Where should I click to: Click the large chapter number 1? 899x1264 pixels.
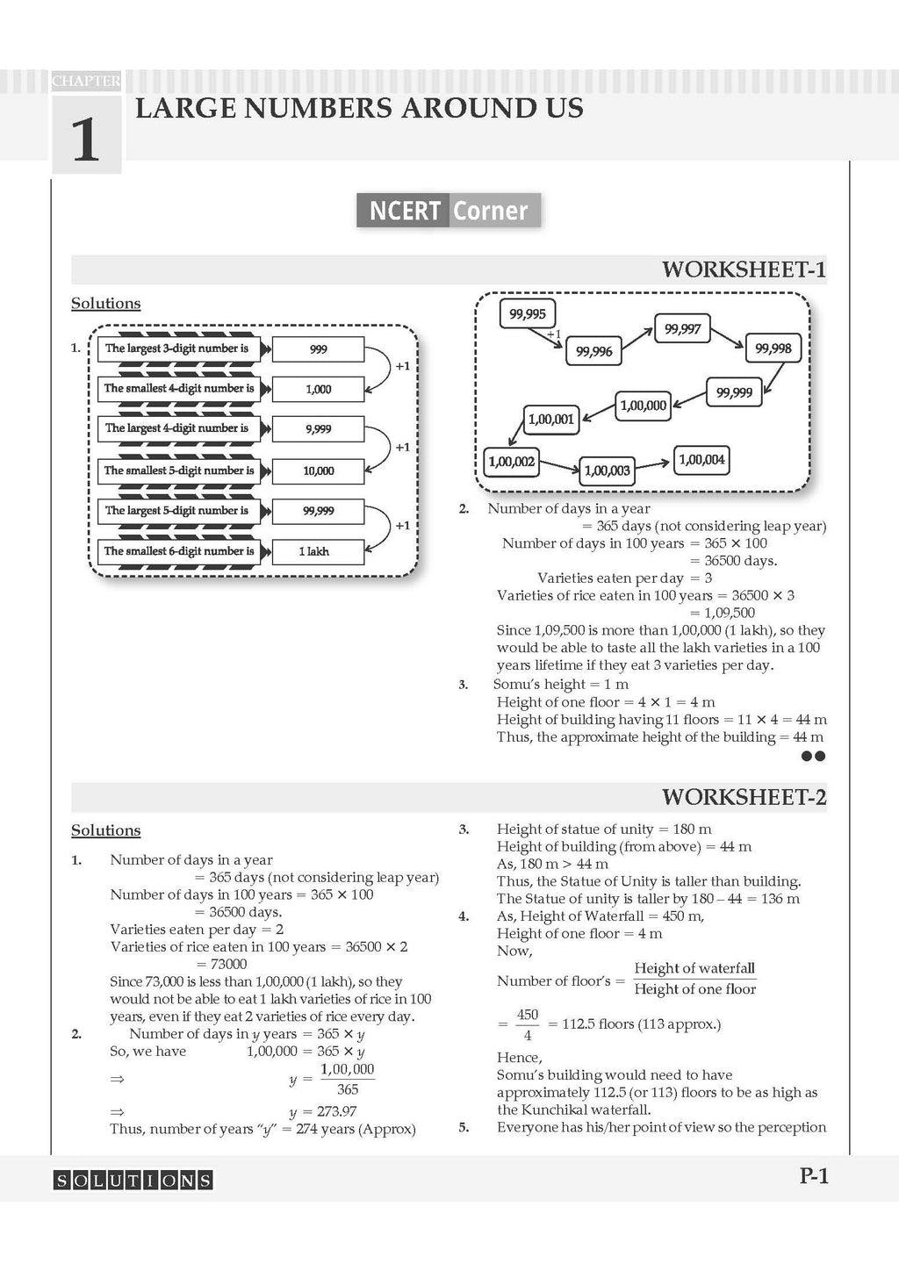(85, 138)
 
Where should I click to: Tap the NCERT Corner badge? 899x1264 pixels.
(449, 211)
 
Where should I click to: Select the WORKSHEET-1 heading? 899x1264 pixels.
(744, 269)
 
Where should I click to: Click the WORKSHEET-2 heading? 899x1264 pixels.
(744, 797)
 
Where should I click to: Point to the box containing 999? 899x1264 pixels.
(318, 349)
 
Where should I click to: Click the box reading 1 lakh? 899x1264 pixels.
(318, 552)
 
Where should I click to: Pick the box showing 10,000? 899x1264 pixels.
(318, 471)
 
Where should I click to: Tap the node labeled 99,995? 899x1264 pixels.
(528, 313)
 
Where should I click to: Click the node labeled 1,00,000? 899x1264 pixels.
(644, 406)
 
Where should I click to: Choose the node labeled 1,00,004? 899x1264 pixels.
(701, 460)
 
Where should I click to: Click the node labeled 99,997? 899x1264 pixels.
(682, 329)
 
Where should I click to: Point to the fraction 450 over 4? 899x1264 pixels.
(527, 1024)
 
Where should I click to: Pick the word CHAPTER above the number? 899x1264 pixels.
(86, 81)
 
